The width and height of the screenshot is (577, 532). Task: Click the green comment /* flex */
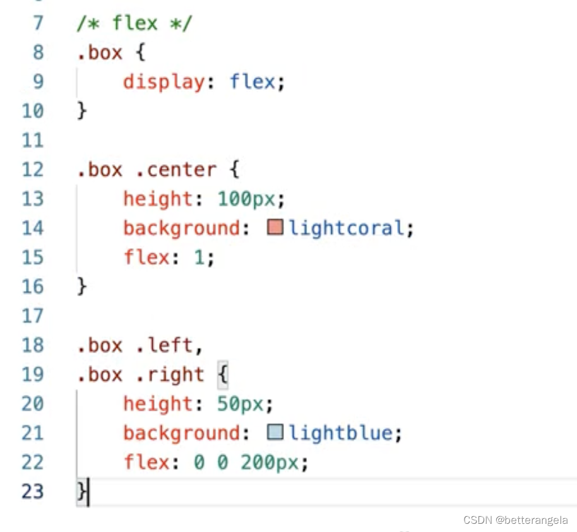[134, 23]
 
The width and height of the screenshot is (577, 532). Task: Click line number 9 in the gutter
[37, 82]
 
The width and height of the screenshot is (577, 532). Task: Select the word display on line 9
[164, 82]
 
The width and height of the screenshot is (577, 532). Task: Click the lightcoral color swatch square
[275, 227]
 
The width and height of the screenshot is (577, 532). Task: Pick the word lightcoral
[346, 227]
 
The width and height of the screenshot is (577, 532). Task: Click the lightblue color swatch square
[275, 432]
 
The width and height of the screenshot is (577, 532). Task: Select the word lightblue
[340, 433]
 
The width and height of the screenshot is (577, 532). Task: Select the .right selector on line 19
[169, 375]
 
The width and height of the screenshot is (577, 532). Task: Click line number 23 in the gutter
[33, 492]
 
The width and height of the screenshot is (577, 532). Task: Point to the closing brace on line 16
[81, 286]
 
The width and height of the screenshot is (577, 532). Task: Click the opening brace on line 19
[222, 375]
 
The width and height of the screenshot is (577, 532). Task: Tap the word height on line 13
[157, 199]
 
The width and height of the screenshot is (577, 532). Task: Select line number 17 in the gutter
[33, 316]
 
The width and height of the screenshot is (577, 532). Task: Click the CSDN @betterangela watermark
[515, 520]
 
